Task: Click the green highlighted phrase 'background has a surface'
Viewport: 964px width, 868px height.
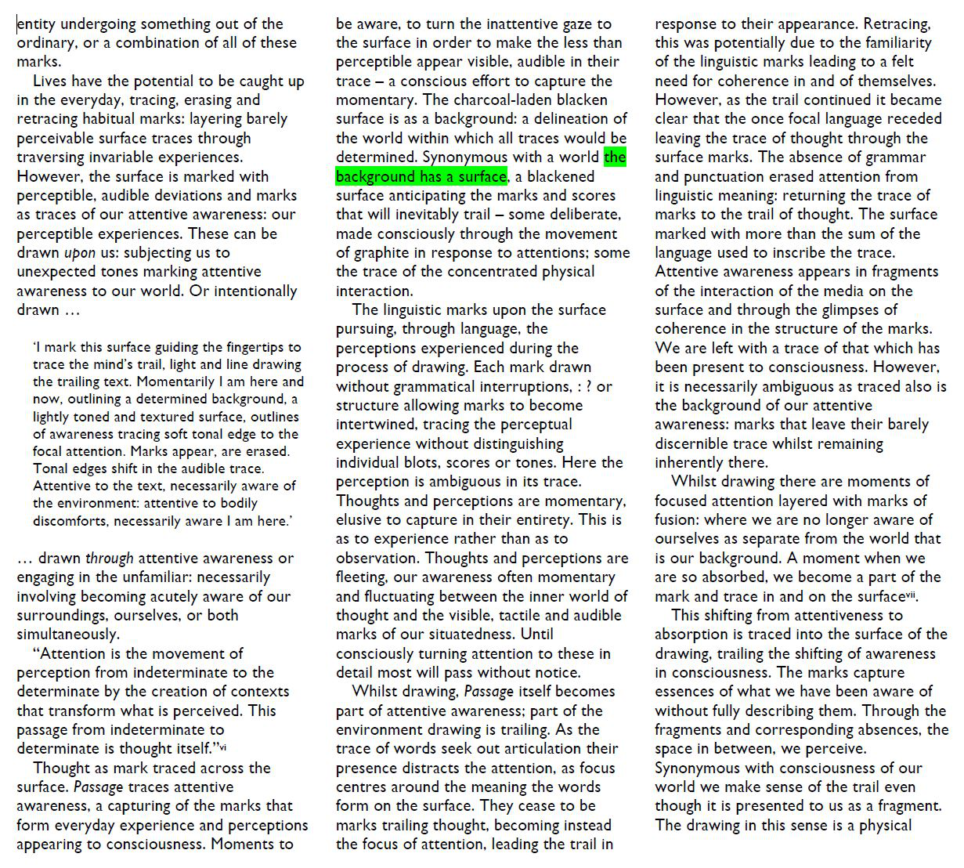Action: [421, 177]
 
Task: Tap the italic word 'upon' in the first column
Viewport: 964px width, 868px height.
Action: [79, 253]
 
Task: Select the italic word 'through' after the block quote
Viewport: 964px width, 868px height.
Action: [109, 559]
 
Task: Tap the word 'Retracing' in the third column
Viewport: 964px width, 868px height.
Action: [897, 24]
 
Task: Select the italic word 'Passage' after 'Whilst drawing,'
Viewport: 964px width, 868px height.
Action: [489, 692]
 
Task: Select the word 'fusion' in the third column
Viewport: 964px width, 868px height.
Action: [677, 520]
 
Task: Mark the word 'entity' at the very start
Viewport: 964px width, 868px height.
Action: [36, 24]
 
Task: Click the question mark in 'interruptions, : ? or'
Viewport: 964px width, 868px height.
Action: [586, 387]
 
